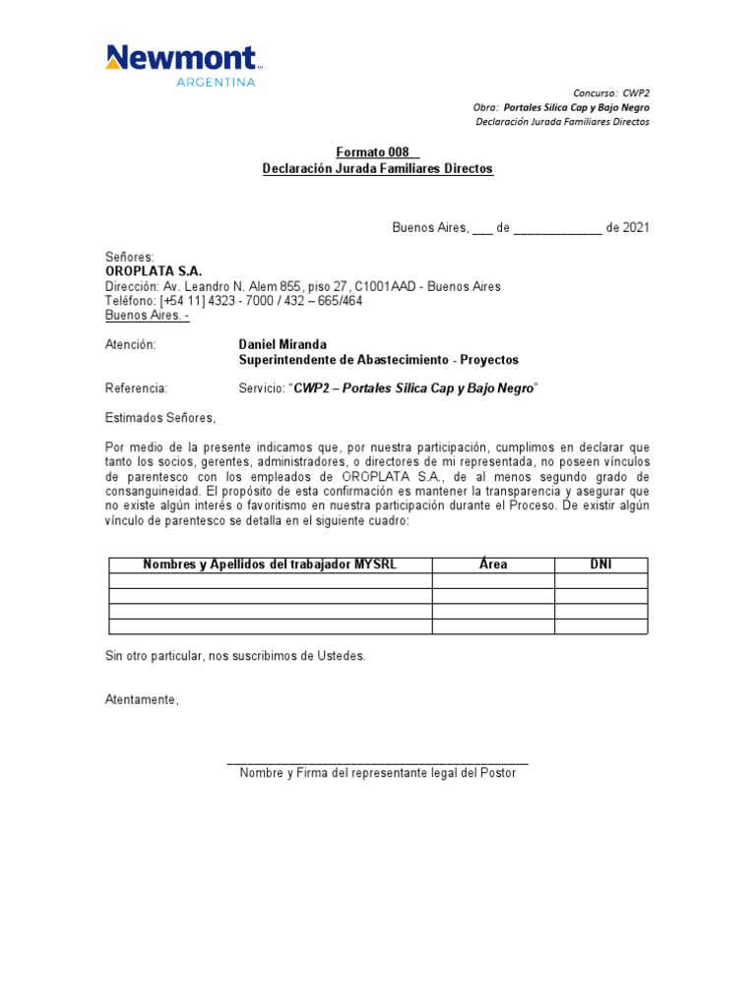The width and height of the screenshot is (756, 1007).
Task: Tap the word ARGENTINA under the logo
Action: tap(216, 83)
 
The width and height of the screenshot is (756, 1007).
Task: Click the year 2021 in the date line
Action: tap(635, 228)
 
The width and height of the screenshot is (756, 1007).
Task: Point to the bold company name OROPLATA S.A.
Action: tap(154, 271)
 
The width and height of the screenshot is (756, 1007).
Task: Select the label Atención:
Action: tap(130, 345)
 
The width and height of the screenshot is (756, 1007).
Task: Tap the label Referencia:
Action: tap(136, 389)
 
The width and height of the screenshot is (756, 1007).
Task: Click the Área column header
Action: tap(492, 564)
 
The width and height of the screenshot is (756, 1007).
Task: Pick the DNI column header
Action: tap(600, 564)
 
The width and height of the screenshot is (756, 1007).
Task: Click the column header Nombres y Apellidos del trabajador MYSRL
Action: tap(270, 564)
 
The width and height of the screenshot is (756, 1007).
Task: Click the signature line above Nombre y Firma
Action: tap(377, 763)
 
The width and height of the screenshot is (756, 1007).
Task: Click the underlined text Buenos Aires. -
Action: tap(147, 316)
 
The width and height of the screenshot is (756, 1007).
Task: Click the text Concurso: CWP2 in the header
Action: tap(611, 92)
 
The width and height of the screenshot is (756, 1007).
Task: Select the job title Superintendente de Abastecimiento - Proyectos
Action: tap(378, 360)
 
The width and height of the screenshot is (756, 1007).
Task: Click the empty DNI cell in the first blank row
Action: tap(600, 581)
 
